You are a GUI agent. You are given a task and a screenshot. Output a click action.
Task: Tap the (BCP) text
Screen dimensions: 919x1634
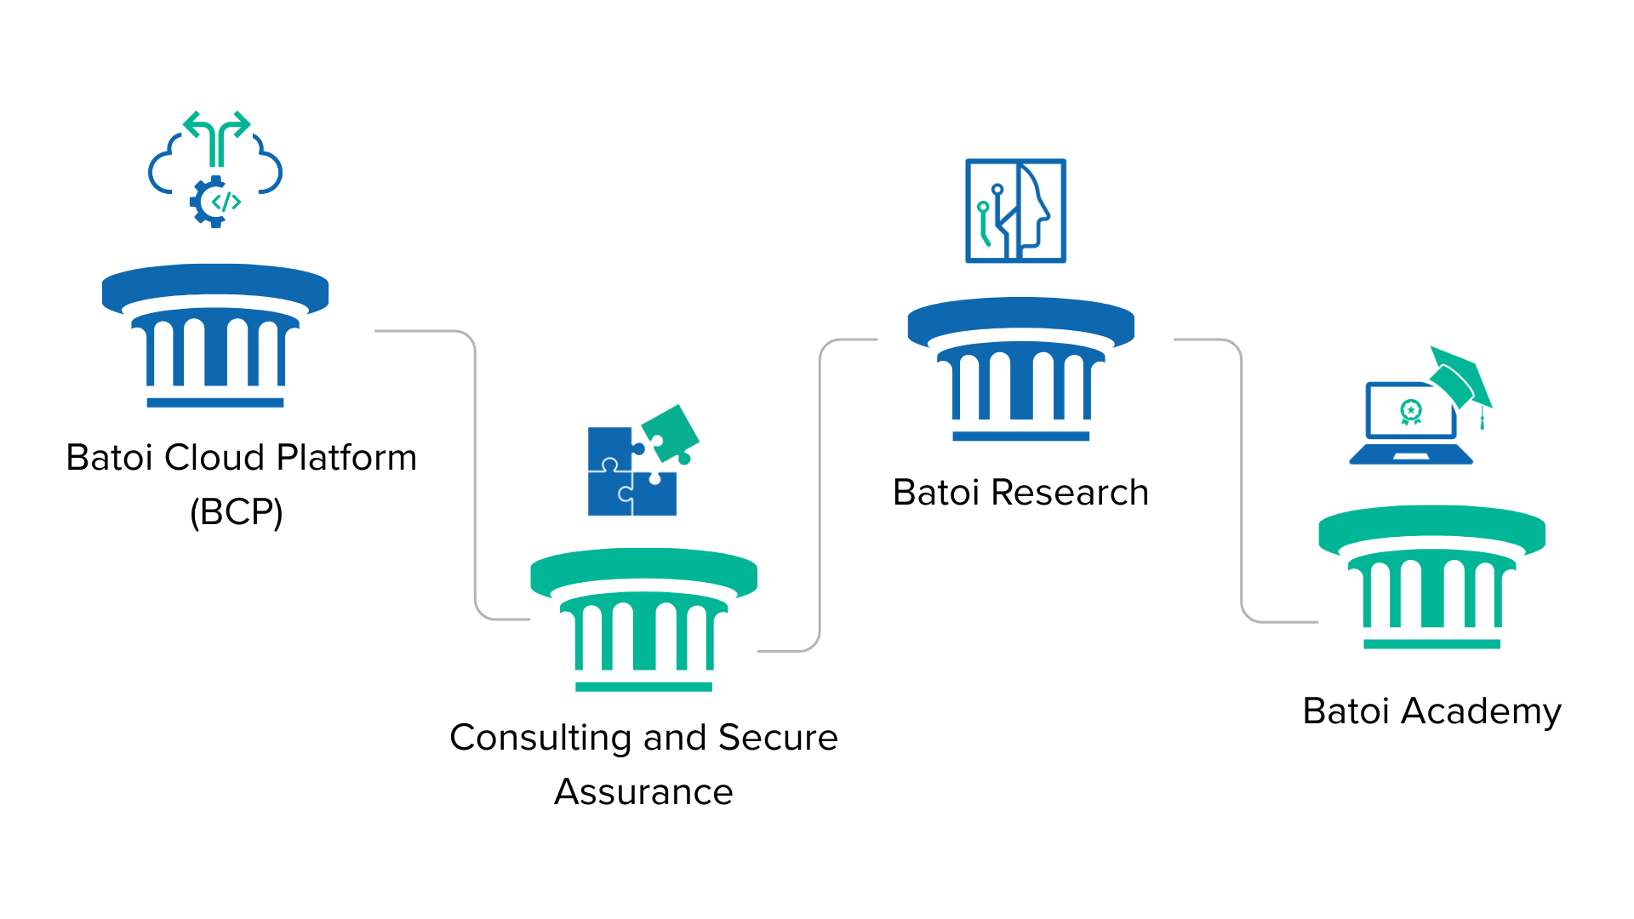(x=237, y=512)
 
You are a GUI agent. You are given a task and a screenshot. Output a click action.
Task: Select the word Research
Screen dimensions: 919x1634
(x=1070, y=493)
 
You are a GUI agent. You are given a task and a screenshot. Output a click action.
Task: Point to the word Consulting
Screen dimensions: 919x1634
(x=534, y=738)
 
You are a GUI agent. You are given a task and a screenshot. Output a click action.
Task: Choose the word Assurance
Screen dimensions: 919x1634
(x=643, y=792)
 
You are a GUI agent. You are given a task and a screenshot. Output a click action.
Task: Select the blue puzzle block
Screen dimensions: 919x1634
(x=621, y=481)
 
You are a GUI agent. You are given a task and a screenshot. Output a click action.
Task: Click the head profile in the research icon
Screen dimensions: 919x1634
(x=1034, y=209)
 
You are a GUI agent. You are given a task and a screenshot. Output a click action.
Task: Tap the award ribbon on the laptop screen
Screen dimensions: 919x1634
(x=1411, y=413)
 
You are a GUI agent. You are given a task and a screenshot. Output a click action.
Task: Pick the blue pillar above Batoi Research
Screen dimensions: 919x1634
(x=1021, y=369)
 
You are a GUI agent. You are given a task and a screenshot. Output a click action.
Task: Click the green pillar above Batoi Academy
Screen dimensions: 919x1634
(x=1432, y=578)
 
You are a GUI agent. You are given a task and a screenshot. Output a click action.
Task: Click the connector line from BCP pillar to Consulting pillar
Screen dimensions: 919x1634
(x=474, y=477)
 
